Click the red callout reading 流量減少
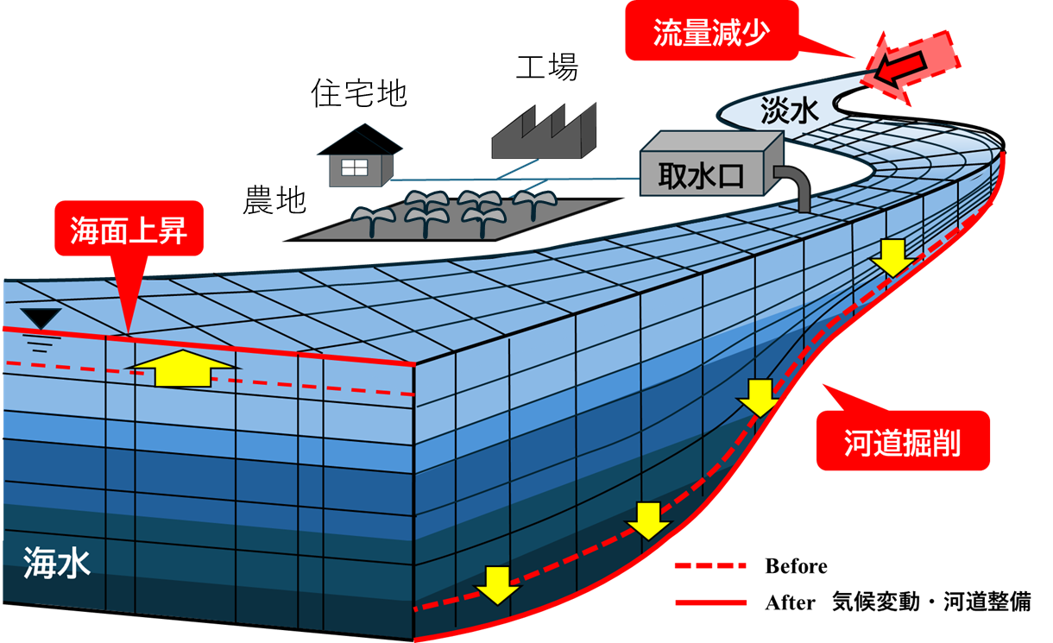[x=712, y=31]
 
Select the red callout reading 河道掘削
[x=903, y=440]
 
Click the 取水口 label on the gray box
[x=701, y=176]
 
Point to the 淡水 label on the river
[x=789, y=111]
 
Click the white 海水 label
[x=57, y=562]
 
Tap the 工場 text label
[x=547, y=67]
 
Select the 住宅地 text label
[x=359, y=93]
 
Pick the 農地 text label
[x=274, y=199]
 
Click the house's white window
[x=355, y=167]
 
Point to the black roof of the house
[x=360, y=140]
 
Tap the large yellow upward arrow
[x=182, y=369]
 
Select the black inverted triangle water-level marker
[x=41, y=318]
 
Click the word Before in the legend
[x=796, y=566]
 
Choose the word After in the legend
[x=791, y=602]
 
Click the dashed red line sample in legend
[x=710, y=565]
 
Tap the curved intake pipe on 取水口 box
[x=794, y=186]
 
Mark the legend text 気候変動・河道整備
[x=931, y=602]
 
